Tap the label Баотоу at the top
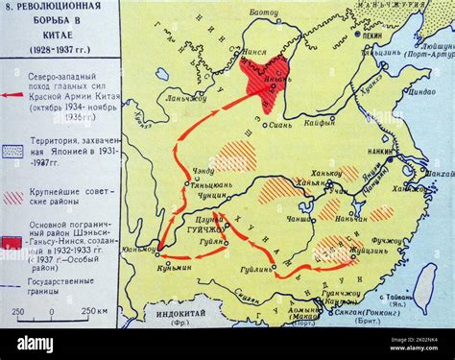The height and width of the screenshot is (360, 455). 264,12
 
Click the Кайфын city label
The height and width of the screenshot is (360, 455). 320,123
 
